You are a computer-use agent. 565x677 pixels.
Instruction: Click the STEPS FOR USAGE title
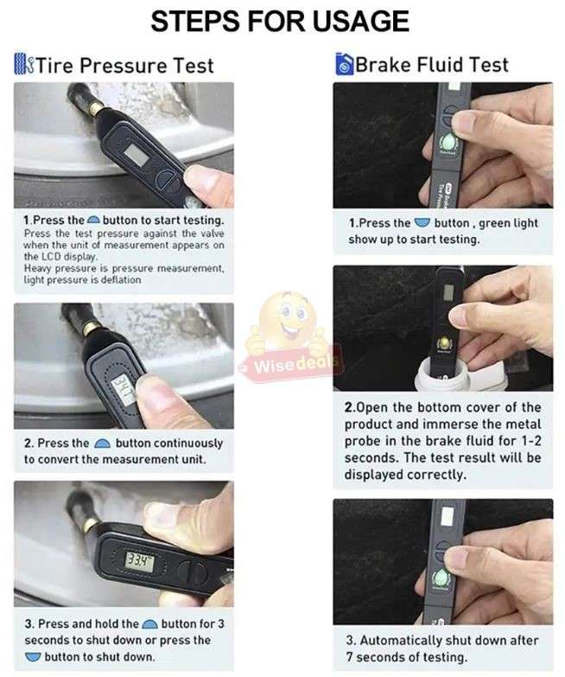point(282,21)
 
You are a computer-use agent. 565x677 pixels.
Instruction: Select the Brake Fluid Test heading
point(432,64)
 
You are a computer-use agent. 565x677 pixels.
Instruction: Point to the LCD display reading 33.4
point(137,561)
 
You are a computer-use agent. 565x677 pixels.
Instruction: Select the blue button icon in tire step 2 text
point(102,444)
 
